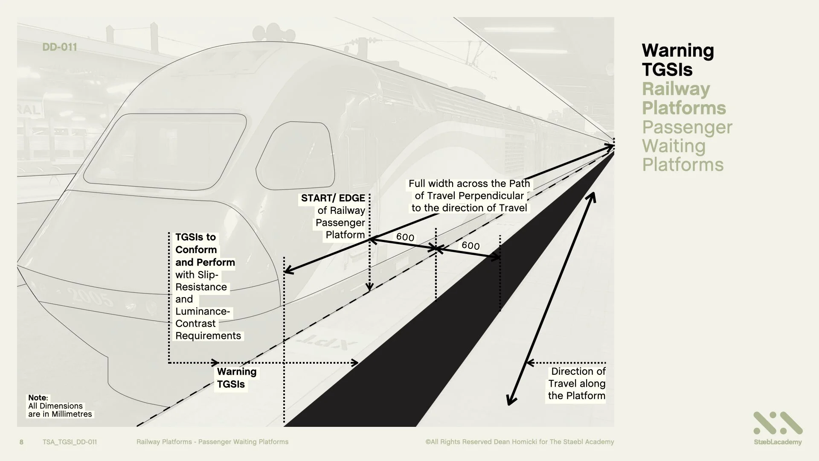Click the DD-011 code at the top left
coord(60,47)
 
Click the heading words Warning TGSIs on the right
coord(677,60)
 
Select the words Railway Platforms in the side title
coord(683,98)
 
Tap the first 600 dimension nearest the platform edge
coord(405,237)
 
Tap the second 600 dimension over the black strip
coord(470,245)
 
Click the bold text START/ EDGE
coord(333,198)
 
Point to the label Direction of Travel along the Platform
coord(577,383)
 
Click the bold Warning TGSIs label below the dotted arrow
coord(236,378)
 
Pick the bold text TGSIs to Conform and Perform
coord(205,250)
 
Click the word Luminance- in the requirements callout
coord(203,311)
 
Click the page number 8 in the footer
coord(21,442)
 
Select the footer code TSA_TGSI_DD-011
coord(70,442)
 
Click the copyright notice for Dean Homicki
coord(520,442)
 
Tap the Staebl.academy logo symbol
coord(778,423)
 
